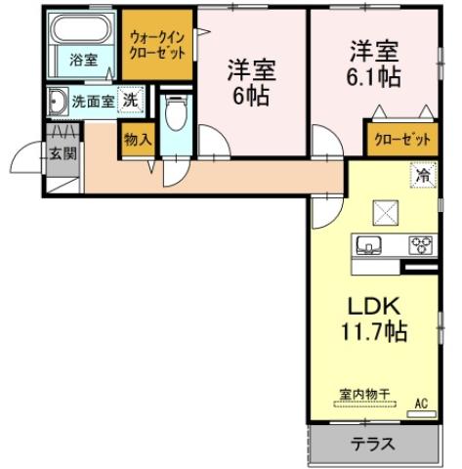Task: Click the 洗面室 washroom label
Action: tap(92, 101)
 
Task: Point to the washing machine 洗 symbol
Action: tap(129, 99)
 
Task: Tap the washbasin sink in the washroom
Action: tap(57, 101)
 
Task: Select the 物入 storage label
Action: tap(138, 140)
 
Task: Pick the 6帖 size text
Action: tap(252, 97)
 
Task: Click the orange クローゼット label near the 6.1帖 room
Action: tap(401, 140)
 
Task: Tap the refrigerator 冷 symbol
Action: tap(422, 176)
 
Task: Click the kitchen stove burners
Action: tap(421, 244)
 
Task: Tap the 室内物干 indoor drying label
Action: tap(364, 394)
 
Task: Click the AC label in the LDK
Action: tap(422, 403)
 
